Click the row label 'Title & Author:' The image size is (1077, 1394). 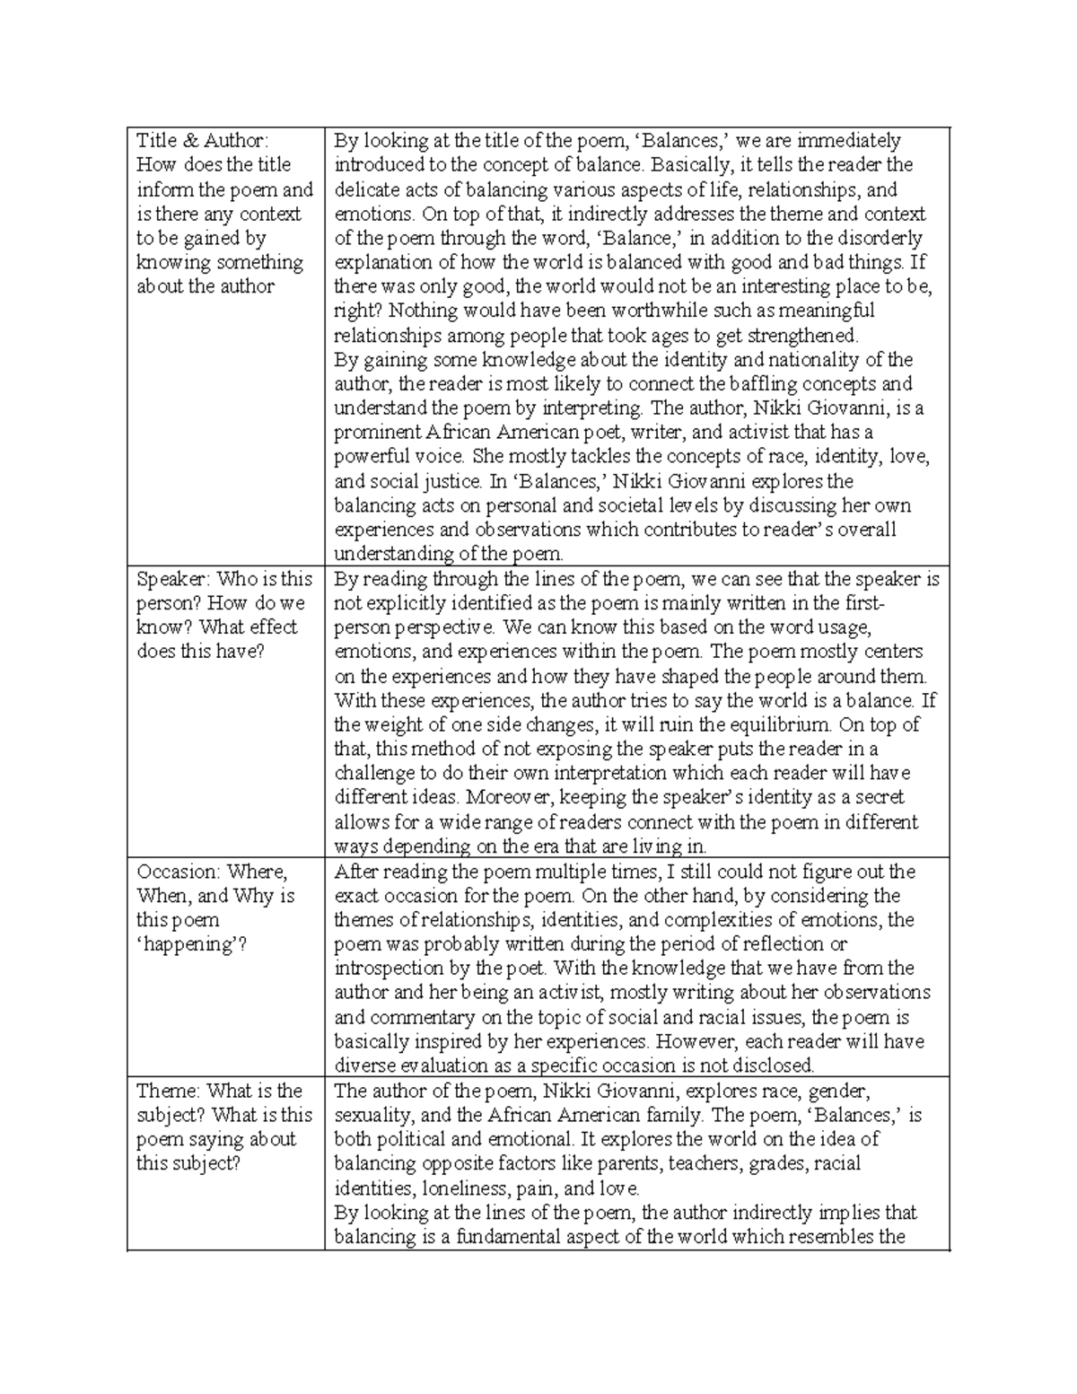click(202, 141)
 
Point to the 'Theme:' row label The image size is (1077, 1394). click(168, 1091)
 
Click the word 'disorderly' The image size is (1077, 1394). click(879, 238)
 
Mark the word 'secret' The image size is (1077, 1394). click(875, 798)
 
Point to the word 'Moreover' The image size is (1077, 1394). click(499, 798)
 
